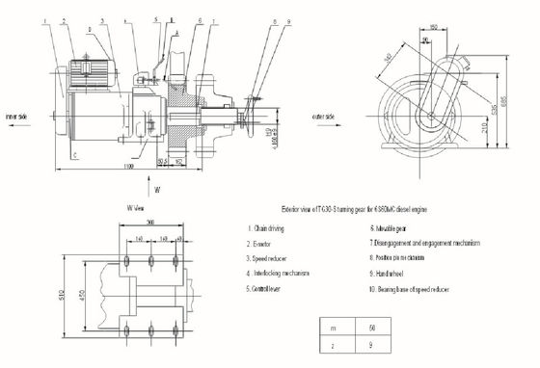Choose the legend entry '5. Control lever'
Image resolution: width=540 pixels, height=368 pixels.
click(x=271, y=288)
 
